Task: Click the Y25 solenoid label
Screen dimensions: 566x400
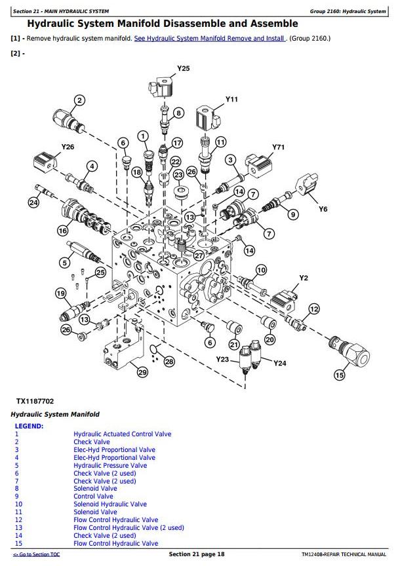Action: (x=184, y=68)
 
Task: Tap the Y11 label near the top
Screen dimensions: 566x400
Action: (x=231, y=99)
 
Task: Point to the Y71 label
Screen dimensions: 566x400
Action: (x=279, y=147)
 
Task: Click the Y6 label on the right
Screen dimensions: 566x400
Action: (x=323, y=209)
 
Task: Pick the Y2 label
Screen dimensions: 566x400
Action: (x=304, y=278)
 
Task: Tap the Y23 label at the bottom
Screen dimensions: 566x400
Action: (x=223, y=359)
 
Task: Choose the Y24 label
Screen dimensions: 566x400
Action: (x=280, y=364)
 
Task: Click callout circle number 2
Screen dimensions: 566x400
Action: (x=79, y=100)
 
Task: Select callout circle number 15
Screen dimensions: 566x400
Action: (x=339, y=375)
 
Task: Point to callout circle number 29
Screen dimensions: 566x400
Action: (x=142, y=373)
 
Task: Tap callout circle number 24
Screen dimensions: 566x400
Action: (x=34, y=203)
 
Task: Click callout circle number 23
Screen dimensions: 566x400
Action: (x=178, y=175)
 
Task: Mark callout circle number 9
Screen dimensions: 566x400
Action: (x=293, y=214)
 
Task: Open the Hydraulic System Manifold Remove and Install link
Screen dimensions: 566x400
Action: (x=209, y=39)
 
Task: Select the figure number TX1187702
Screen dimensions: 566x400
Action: (x=35, y=401)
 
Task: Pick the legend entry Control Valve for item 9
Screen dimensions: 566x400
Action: (x=93, y=497)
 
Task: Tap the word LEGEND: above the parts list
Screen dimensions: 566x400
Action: (x=29, y=426)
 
